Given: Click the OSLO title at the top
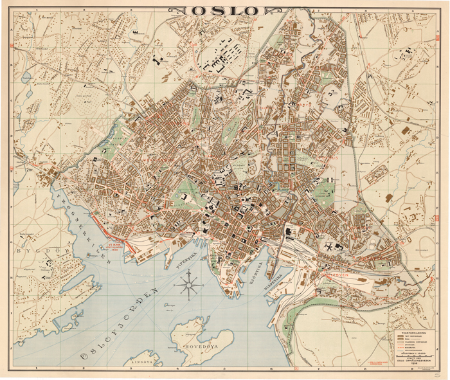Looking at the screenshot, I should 225,10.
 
